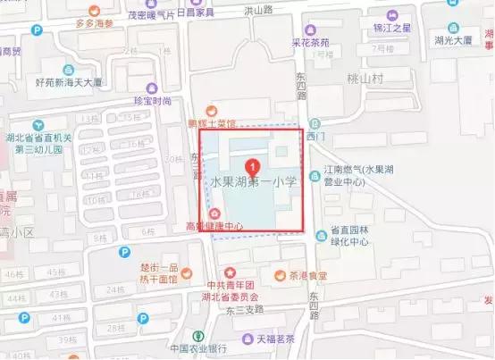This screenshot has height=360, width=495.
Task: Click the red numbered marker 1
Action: pos(253,165)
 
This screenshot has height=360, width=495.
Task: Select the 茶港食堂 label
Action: pos(307,275)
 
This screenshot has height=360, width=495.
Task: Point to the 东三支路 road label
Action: pos(244,311)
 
